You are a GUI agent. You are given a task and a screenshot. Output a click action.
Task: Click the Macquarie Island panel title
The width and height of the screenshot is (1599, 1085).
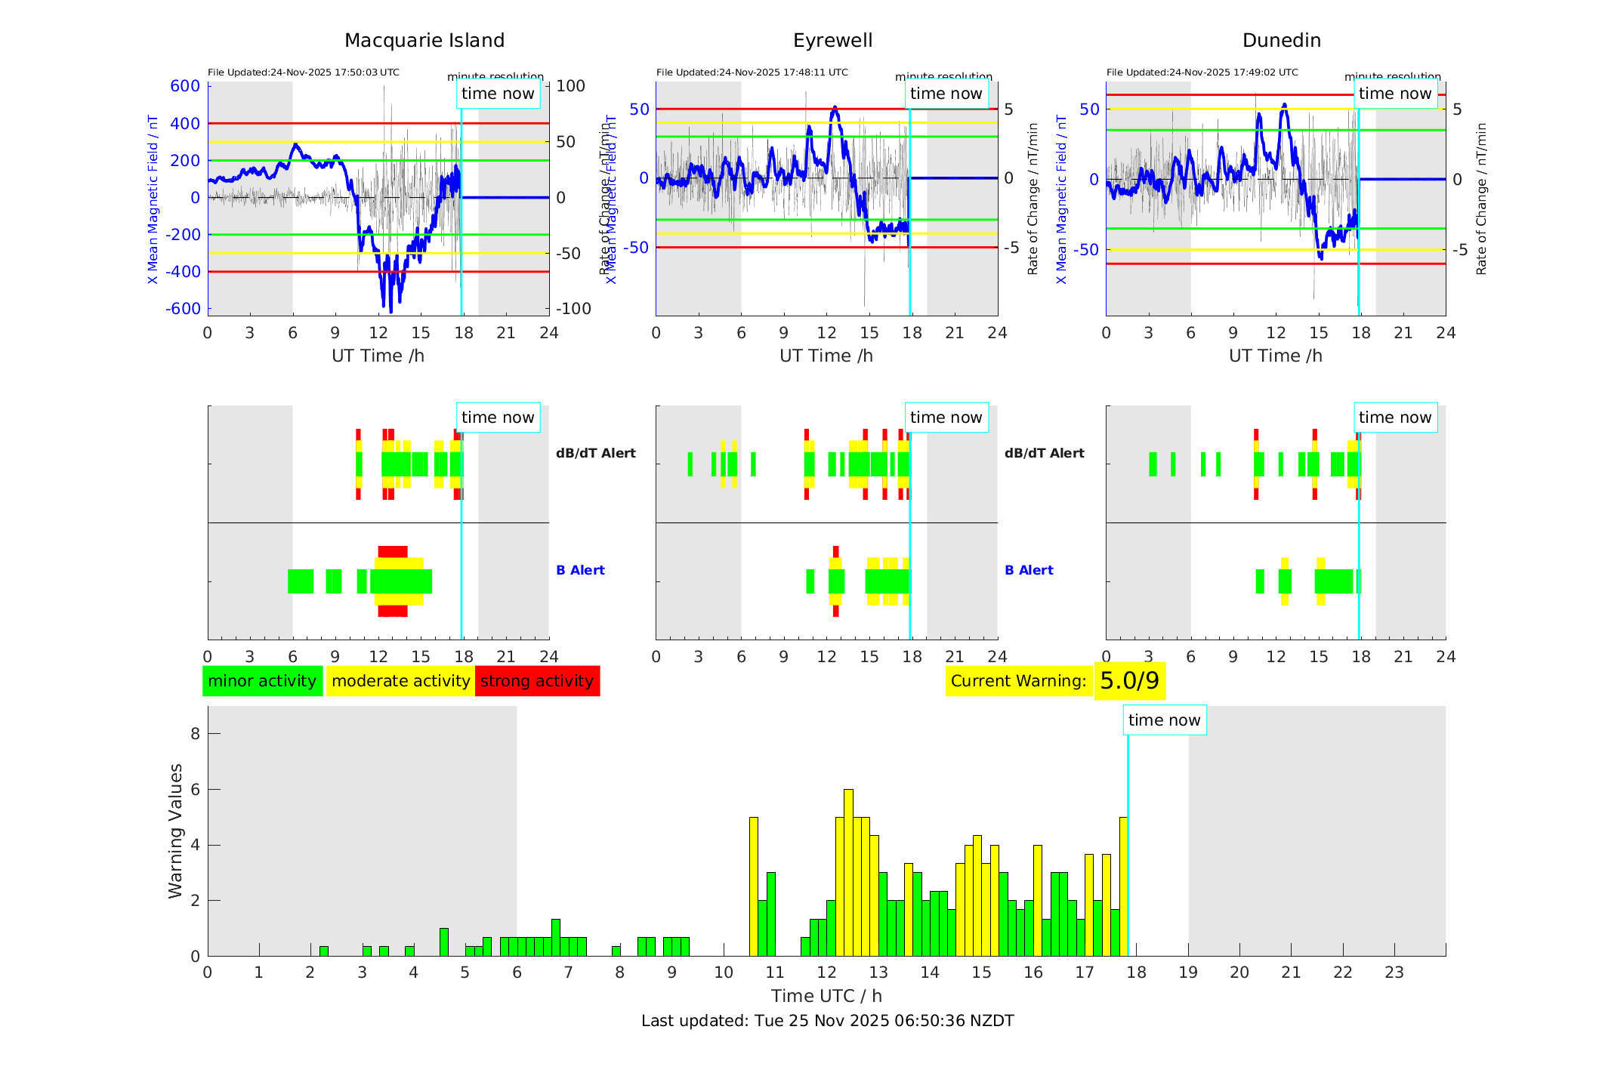pyautogui.click(x=424, y=41)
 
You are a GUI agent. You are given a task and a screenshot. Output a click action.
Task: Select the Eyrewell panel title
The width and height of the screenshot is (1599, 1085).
pyautogui.click(x=832, y=41)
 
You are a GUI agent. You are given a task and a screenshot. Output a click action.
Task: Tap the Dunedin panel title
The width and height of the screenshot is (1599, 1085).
pyautogui.click(x=1281, y=41)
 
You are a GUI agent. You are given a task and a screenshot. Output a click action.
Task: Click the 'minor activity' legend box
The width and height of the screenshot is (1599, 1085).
pyautogui.click(x=262, y=681)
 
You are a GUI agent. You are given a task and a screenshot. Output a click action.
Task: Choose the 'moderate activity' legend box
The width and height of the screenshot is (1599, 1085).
pyautogui.click(x=400, y=681)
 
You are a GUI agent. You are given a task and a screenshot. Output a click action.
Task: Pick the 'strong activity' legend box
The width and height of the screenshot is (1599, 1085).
pyautogui.click(x=537, y=681)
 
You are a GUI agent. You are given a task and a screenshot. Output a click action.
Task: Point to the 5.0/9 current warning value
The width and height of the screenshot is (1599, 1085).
pyautogui.click(x=1129, y=681)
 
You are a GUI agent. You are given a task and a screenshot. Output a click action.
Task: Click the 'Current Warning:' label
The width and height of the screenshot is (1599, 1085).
pyautogui.click(x=1018, y=681)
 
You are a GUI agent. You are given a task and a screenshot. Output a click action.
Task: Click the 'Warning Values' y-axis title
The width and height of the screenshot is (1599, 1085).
pyautogui.click(x=176, y=831)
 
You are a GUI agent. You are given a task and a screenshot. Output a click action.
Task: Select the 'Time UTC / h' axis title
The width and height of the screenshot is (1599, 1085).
pyautogui.click(x=826, y=996)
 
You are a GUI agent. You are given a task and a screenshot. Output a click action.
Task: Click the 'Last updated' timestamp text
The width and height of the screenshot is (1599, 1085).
pyautogui.click(x=827, y=1021)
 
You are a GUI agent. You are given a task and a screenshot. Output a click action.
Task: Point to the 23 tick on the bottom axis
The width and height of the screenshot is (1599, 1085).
pyautogui.click(x=1394, y=972)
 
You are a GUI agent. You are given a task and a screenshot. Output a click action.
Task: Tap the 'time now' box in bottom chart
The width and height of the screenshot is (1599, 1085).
pyautogui.click(x=1164, y=720)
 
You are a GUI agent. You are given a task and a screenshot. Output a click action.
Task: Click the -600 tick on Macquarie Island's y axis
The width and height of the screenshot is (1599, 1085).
pyautogui.click(x=184, y=309)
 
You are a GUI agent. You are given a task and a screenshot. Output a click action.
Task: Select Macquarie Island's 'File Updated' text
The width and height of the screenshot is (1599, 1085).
pyautogui.click(x=303, y=72)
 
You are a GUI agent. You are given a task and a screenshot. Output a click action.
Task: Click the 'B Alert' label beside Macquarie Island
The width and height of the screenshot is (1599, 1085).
pyautogui.click(x=580, y=570)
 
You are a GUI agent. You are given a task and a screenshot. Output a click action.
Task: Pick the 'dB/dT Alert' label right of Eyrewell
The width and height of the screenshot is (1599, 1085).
pyautogui.click(x=1044, y=453)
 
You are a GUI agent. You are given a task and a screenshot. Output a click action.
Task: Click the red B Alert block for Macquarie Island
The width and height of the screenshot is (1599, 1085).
pyautogui.click(x=393, y=552)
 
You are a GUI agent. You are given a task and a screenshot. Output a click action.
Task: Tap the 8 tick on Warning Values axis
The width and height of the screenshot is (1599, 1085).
pyautogui.click(x=195, y=733)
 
